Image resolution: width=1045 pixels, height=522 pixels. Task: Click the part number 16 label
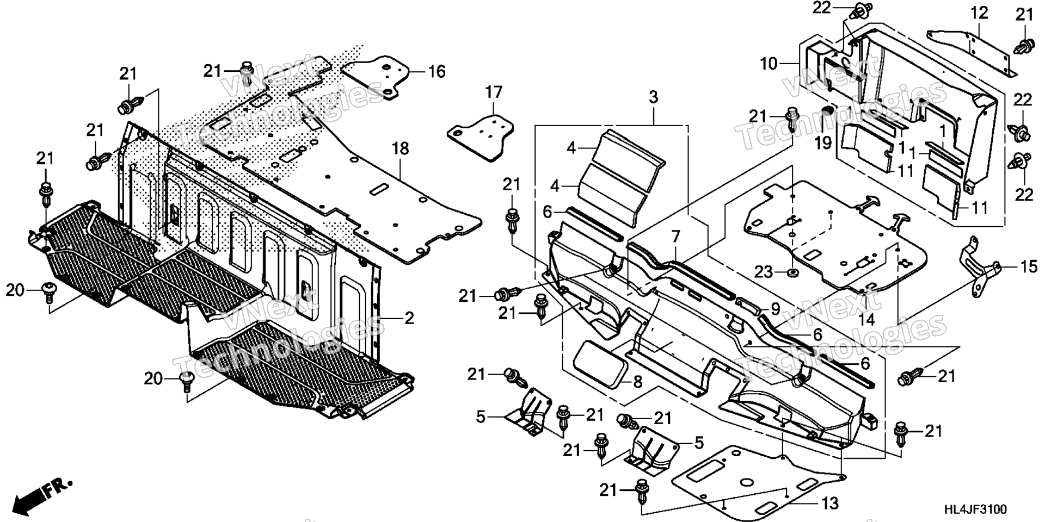437,72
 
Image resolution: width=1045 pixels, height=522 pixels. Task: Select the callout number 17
494,92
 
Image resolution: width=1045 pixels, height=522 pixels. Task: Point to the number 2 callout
409,318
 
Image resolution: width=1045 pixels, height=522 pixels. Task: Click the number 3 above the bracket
653,97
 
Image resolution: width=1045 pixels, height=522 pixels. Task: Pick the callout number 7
675,237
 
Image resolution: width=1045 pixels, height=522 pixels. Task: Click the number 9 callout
775,309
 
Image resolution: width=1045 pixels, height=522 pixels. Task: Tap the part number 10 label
769,64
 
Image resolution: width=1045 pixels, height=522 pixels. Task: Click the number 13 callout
830,504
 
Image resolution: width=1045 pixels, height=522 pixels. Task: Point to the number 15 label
1029,268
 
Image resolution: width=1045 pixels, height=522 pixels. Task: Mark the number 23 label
763,270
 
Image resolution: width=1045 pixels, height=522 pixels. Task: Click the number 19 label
823,143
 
